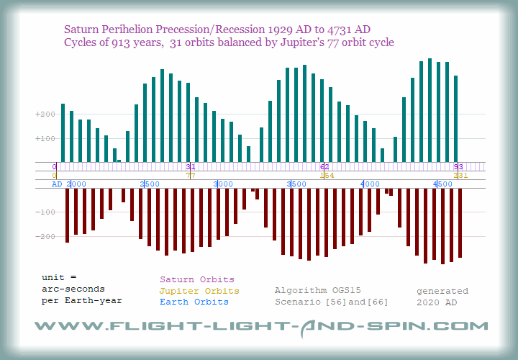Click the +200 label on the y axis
[x=44, y=114]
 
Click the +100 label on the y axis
[x=44, y=138]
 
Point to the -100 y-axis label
[x=44, y=212]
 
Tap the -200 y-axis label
[x=44, y=236]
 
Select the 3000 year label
[x=223, y=184]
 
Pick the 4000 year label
[x=371, y=184]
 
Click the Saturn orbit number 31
[x=191, y=166]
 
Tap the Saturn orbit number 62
[x=324, y=166]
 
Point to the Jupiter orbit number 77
[x=191, y=175]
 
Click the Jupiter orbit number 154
[x=326, y=175]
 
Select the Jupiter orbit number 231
[x=460, y=175]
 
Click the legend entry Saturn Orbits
[x=196, y=279]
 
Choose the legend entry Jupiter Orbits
[x=196, y=291]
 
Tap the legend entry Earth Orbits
[x=194, y=302]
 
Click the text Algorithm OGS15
[x=318, y=291]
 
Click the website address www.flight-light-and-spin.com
[x=260, y=326]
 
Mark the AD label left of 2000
[x=57, y=184]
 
